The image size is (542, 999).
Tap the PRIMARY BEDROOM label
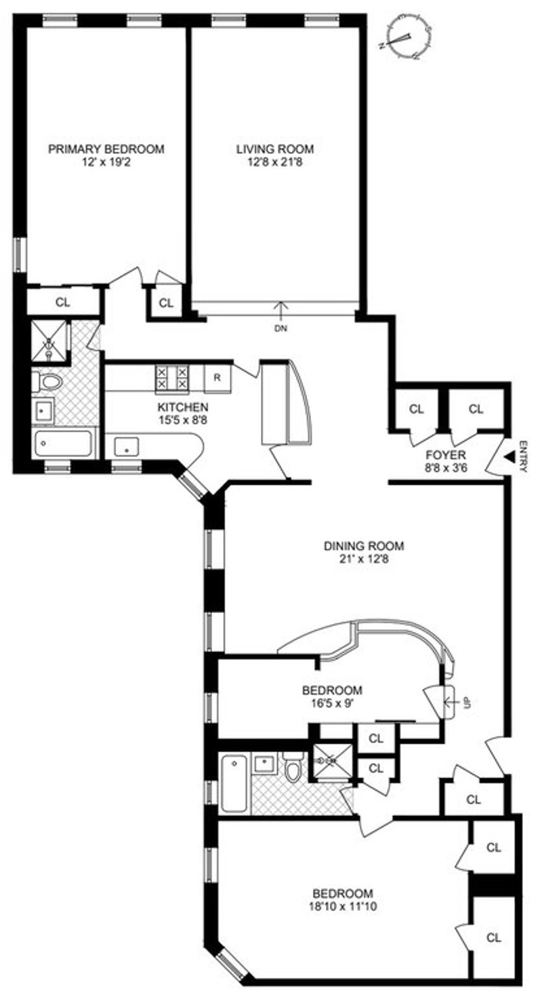click(106, 149)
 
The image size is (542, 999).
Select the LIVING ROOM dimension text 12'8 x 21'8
click(275, 162)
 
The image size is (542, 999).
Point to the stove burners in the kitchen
click(172, 377)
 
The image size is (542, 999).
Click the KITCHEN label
click(182, 407)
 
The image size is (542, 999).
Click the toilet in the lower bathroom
click(293, 770)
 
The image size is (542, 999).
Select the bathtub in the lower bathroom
click(234, 785)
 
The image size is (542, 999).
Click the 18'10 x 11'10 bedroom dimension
click(343, 906)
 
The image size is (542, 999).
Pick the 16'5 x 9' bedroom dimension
click(332, 703)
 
